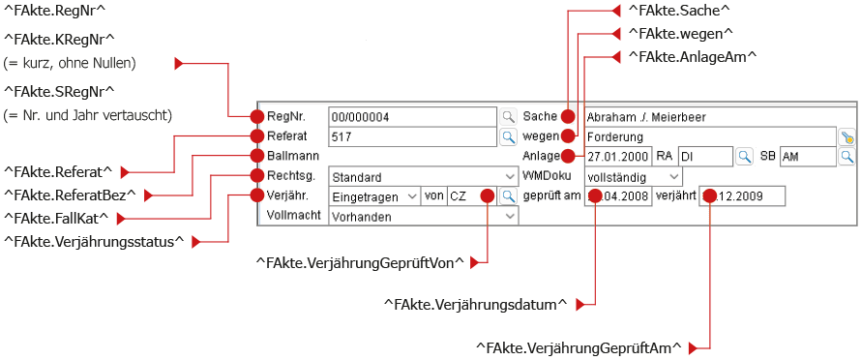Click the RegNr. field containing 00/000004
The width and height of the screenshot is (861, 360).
413,116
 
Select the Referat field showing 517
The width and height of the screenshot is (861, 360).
413,136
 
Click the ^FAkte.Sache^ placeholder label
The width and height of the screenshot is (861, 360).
678,10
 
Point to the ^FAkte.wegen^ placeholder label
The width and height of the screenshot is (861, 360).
681,33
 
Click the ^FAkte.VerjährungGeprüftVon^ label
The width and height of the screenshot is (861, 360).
360,263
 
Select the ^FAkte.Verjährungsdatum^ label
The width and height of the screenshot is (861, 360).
476,304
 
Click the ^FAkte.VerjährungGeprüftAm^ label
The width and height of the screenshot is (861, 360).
579,348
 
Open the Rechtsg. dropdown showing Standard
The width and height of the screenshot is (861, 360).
423,177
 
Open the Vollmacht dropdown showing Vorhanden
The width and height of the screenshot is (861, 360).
423,217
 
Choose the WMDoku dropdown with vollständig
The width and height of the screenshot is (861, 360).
633,177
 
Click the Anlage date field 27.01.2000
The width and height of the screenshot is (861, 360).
618,156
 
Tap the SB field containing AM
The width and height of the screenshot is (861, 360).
807,156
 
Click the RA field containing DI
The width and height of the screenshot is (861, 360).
705,156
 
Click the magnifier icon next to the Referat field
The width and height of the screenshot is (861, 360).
509,136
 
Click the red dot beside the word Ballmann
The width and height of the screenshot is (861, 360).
257,156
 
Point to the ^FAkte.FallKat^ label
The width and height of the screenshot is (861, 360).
55,218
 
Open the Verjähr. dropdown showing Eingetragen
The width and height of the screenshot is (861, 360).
374,196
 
